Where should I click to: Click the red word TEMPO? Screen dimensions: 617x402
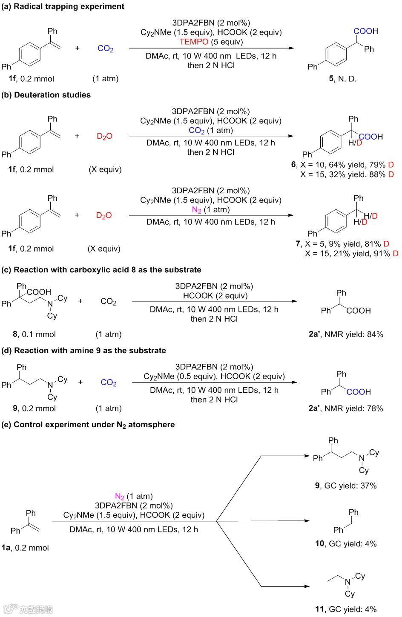[x=194, y=42]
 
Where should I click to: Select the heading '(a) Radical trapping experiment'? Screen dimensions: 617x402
[x=63, y=6]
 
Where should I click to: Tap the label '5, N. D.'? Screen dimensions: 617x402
[x=342, y=79]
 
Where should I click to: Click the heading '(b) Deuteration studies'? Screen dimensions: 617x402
[x=46, y=95]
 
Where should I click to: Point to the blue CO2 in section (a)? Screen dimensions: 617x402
[x=106, y=49]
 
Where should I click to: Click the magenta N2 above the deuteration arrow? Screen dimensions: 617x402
[x=196, y=210]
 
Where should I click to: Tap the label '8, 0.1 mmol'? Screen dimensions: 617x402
[x=34, y=334]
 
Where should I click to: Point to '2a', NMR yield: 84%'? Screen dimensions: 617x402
[x=346, y=334]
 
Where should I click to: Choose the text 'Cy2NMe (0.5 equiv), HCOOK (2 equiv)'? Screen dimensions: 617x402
[x=214, y=376]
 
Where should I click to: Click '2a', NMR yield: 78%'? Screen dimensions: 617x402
[x=346, y=408]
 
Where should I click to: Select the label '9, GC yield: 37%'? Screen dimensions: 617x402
[x=346, y=486]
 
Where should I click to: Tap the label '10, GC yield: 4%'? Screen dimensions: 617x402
[x=346, y=543]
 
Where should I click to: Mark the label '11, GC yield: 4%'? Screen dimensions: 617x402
[x=346, y=609]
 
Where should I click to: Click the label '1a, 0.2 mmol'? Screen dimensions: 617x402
[x=25, y=548]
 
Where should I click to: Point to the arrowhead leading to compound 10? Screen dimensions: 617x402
[x=307, y=521]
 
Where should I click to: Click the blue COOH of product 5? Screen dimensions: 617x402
[x=365, y=31]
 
